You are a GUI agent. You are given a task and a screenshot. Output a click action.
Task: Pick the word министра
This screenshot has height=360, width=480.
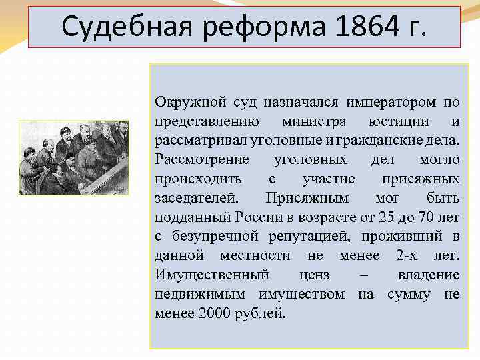(314, 121)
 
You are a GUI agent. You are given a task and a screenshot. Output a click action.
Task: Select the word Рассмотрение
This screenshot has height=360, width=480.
(202, 160)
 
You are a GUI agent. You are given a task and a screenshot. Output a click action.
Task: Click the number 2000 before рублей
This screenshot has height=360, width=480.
(214, 313)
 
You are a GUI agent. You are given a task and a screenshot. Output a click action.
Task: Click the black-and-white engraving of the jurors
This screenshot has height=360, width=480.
(73, 157)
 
